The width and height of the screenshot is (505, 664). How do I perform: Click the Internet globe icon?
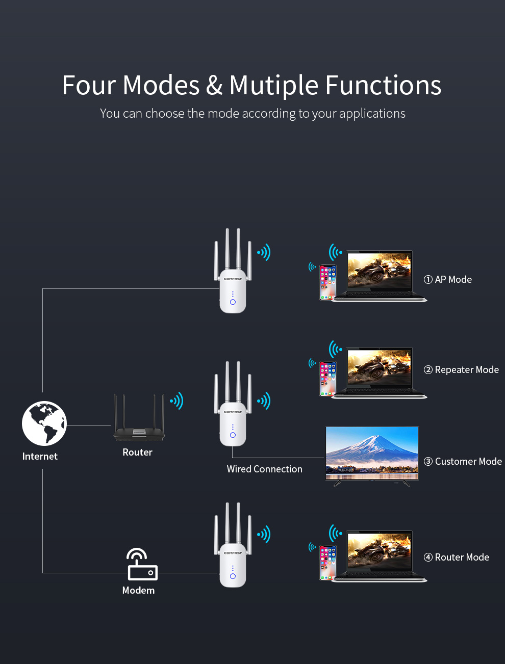[x=44, y=423]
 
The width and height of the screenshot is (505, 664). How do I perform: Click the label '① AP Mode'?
[x=448, y=279]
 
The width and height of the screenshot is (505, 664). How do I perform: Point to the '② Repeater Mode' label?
[x=461, y=369]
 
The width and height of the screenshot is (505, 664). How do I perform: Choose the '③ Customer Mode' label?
[x=463, y=461]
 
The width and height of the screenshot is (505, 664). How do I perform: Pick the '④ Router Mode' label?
[x=457, y=557]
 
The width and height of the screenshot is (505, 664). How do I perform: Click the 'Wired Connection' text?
[x=264, y=469]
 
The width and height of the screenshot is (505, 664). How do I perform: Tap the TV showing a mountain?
[x=372, y=454]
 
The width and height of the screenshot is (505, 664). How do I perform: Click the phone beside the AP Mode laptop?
[x=328, y=282]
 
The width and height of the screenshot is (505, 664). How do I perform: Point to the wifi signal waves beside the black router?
[x=176, y=401]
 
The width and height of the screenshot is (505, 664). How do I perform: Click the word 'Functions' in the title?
[x=383, y=85]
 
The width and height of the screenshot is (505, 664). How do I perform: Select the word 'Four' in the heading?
[x=89, y=85]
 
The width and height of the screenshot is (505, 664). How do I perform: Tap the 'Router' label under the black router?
[x=137, y=452]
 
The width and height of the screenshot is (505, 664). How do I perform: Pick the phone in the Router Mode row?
[x=328, y=563]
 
